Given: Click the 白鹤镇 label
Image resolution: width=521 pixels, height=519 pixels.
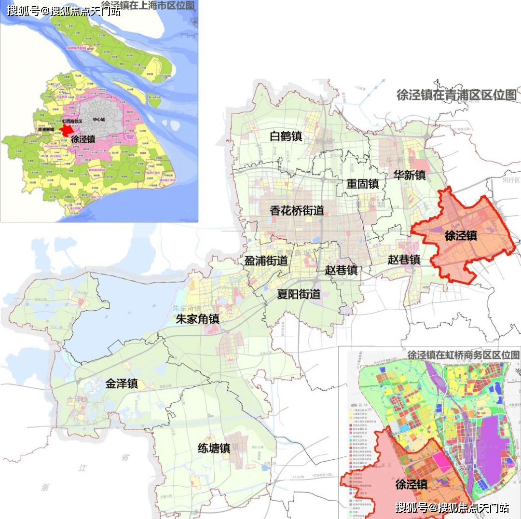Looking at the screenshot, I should [x=286, y=137].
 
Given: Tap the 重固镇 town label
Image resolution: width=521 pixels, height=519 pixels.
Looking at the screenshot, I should [x=363, y=184].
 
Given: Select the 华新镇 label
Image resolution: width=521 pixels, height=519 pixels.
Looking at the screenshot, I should [x=409, y=175].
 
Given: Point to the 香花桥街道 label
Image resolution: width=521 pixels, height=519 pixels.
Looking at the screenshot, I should [x=297, y=210].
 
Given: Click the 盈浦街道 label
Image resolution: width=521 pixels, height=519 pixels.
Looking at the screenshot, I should [x=266, y=260].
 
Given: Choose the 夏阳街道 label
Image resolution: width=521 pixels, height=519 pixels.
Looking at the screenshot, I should [x=299, y=294].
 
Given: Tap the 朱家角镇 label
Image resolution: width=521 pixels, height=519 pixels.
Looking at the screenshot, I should [x=197, y=319].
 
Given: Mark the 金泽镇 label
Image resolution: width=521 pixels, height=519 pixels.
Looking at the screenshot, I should [x=122, y=383].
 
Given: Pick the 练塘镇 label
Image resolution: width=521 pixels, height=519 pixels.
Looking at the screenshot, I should [x=214, y=448].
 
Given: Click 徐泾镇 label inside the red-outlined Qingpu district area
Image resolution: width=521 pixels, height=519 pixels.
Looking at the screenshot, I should [x=461, y=235].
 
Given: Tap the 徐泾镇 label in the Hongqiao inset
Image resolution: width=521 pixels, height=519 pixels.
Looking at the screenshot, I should [x=411, y=484].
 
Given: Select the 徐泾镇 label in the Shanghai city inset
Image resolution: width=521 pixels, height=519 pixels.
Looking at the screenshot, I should [x=83, y=139].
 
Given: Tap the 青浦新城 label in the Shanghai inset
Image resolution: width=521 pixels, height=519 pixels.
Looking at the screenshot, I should [x=46, y=130].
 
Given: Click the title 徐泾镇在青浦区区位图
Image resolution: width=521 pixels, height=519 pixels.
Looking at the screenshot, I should [x=456, y=95].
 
